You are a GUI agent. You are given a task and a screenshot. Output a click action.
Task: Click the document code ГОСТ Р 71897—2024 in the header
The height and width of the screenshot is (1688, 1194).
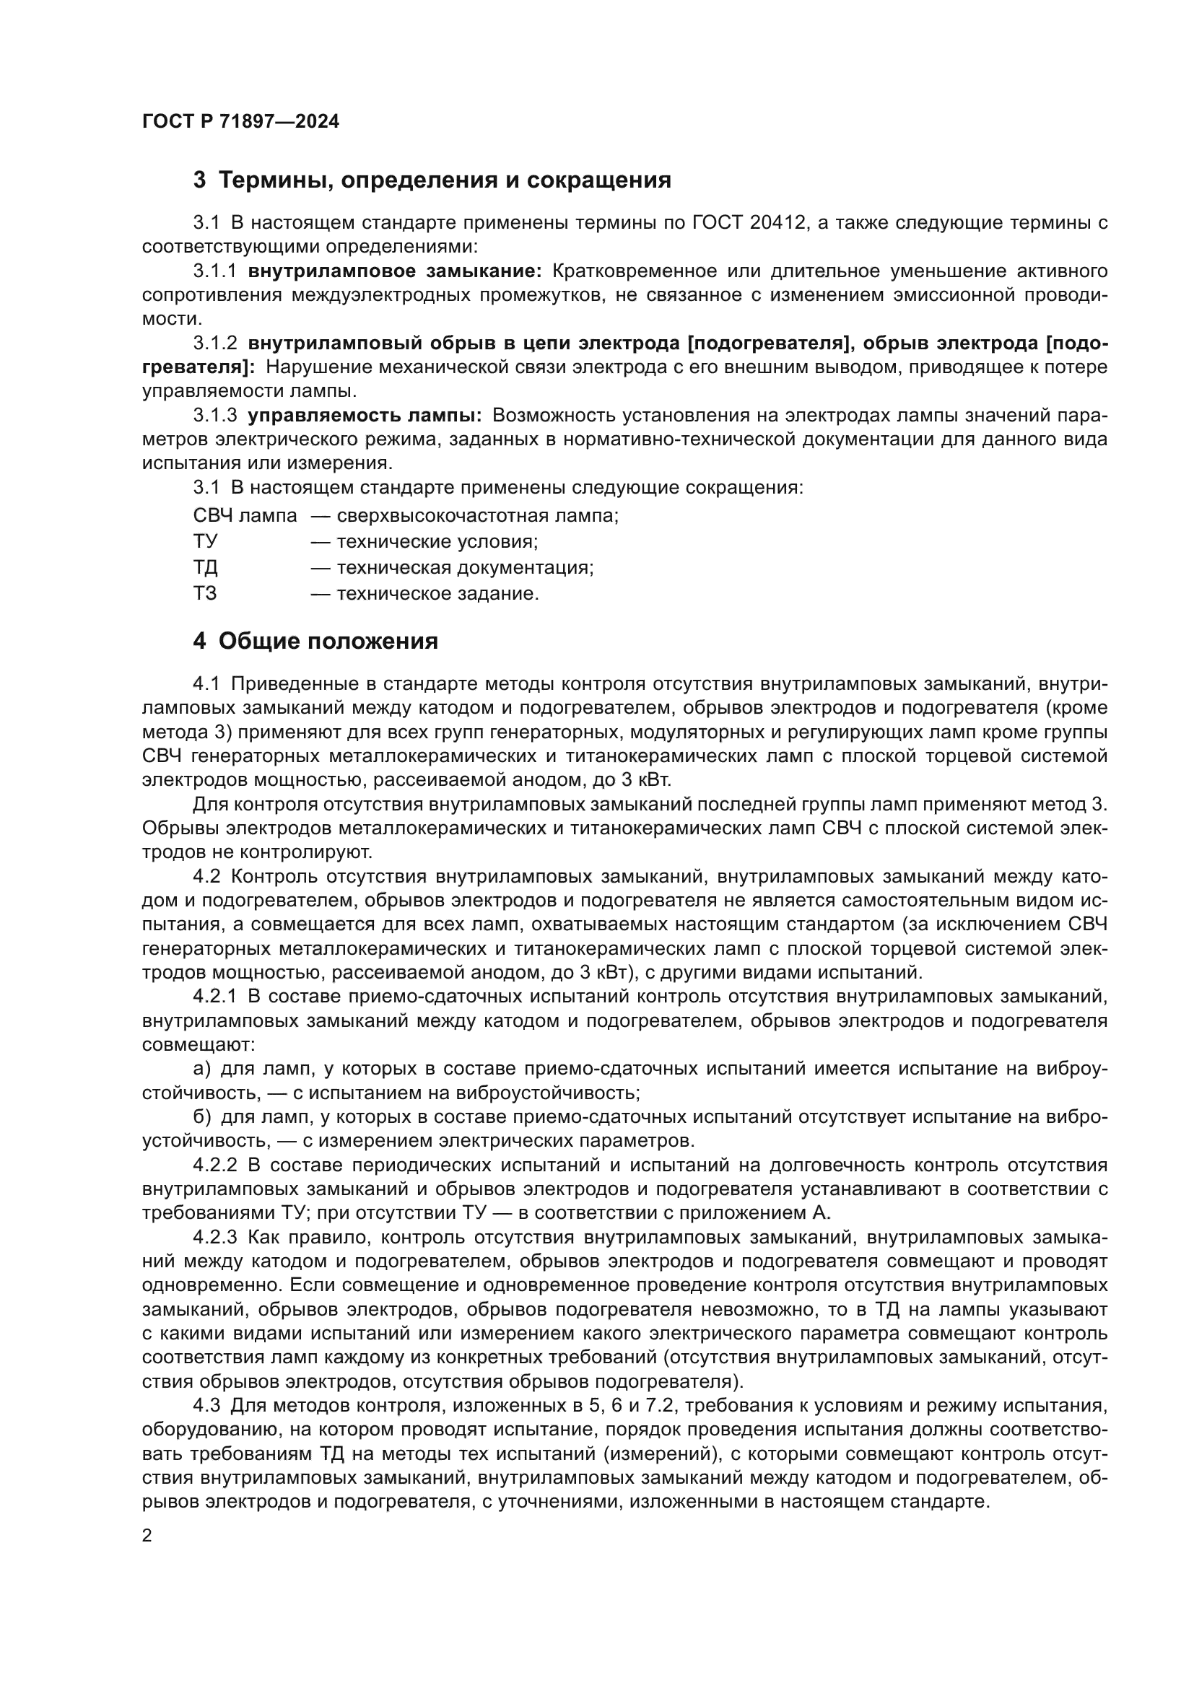point(240,122)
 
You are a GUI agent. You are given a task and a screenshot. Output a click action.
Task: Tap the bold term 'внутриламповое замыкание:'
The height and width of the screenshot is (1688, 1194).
point(395,271)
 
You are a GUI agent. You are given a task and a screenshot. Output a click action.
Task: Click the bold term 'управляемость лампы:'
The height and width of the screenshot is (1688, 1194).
point(365,416)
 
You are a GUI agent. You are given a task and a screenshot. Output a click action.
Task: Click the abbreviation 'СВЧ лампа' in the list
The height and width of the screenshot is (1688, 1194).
point(245,515)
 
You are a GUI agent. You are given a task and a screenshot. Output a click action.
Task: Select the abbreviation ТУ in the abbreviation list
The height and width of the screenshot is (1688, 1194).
point(205,542)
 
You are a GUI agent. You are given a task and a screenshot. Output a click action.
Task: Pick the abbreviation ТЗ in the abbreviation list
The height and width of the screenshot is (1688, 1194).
point(205,593)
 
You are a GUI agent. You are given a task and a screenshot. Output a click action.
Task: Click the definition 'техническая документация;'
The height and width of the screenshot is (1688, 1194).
point(465,567)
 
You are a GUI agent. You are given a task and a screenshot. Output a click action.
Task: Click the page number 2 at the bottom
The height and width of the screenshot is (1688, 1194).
point(147,1536)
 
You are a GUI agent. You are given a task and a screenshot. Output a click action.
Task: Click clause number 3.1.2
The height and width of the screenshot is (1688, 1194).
point(214,344)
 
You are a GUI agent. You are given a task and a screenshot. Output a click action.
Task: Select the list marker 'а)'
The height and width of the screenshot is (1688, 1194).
point(201,1068)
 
